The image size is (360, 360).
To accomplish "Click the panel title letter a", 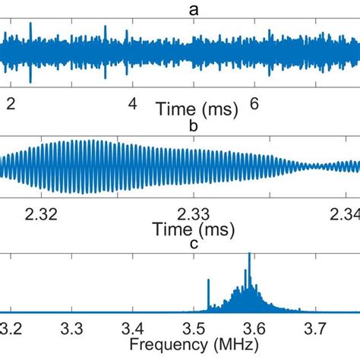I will (193, 10).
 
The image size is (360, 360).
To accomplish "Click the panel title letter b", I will (193, 126).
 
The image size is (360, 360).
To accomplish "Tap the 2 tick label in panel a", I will (10, 105).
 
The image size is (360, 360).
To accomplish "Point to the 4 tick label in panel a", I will (132, 105).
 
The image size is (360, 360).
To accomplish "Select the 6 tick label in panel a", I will (254, 105).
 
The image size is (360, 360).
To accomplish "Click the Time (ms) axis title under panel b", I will (193, 228).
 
